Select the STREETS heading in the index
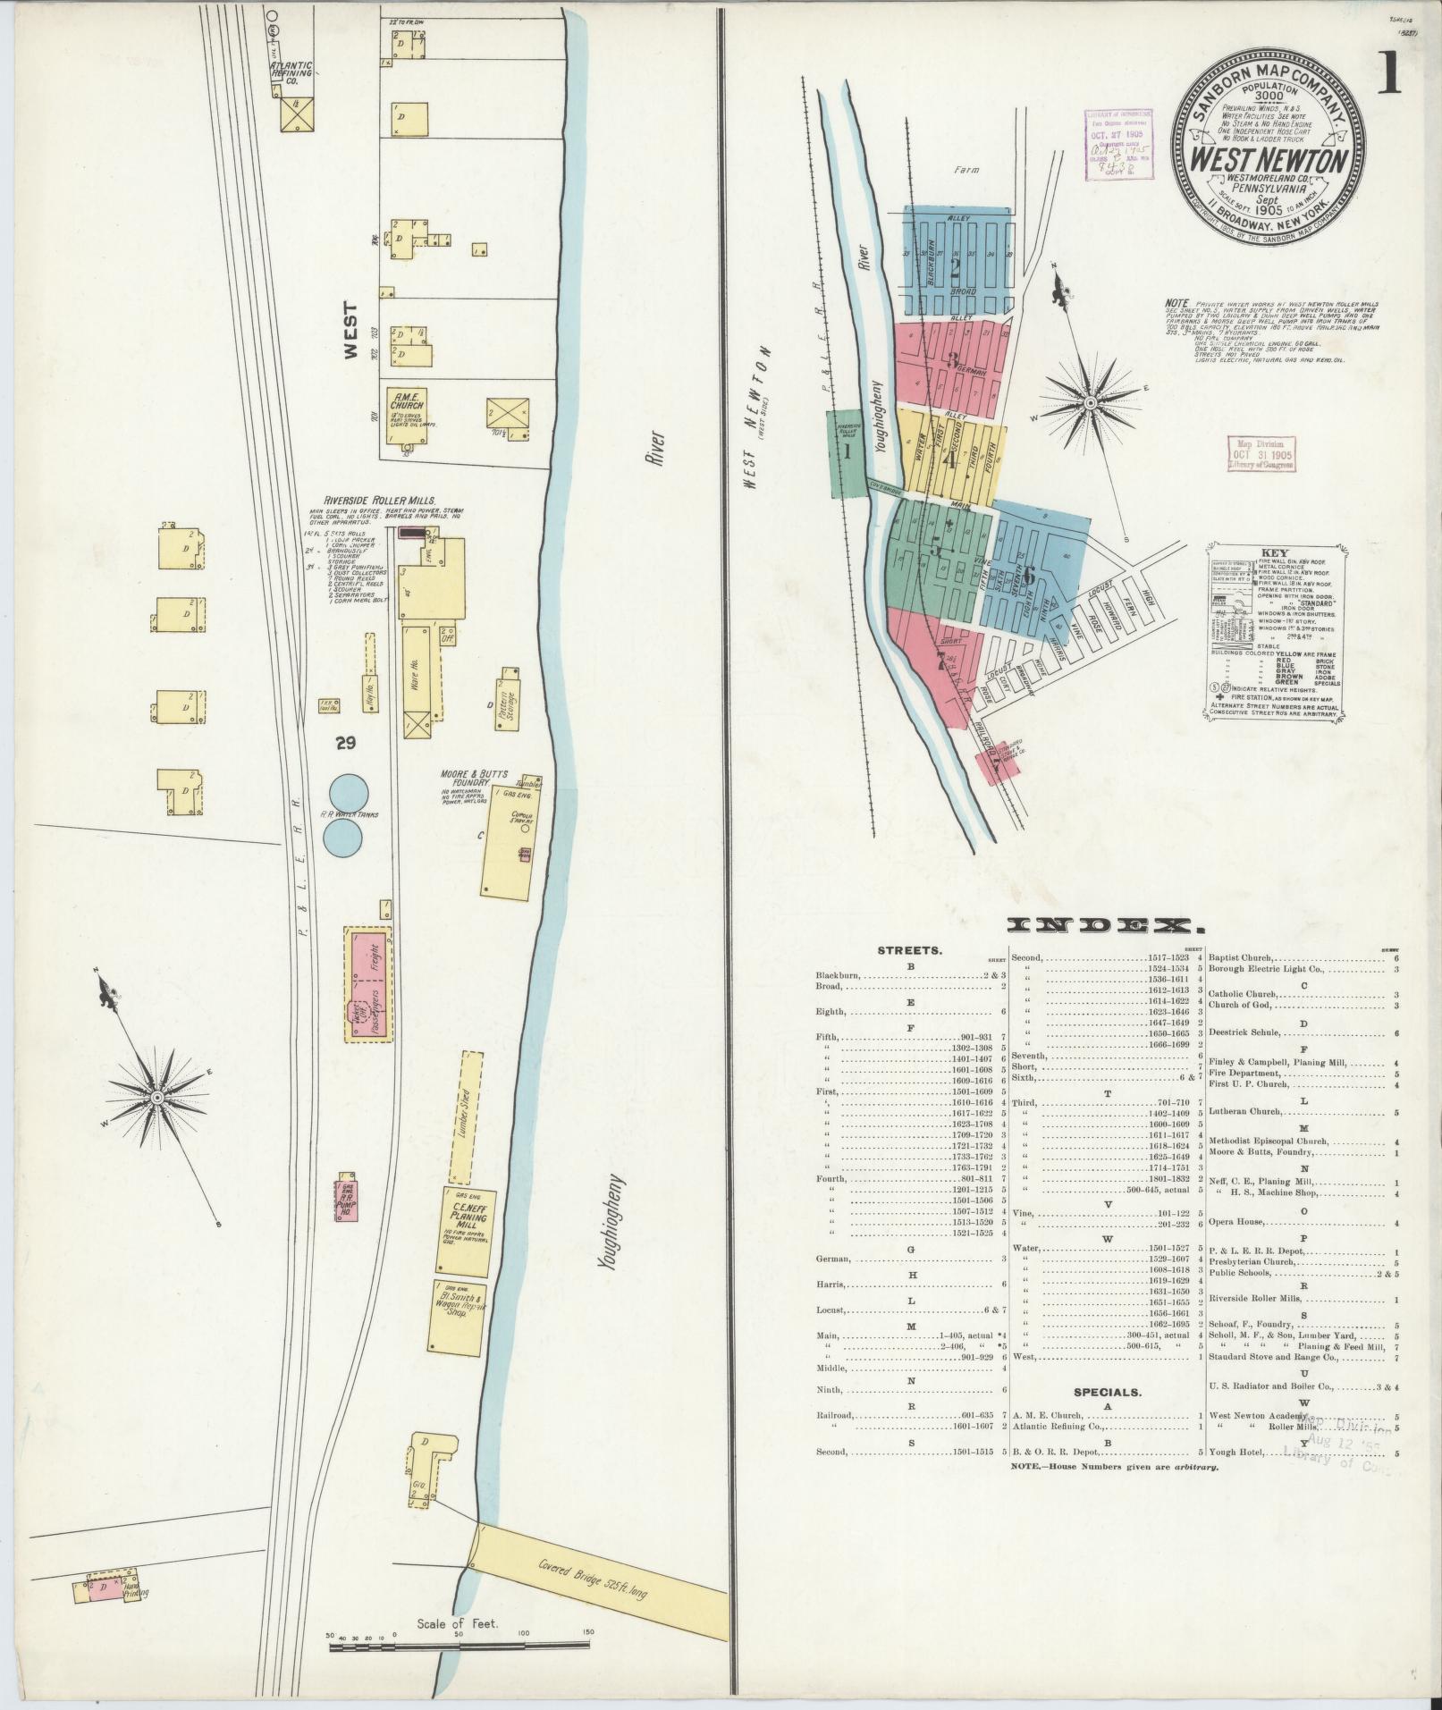909,950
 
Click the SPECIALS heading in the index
1106,1417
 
